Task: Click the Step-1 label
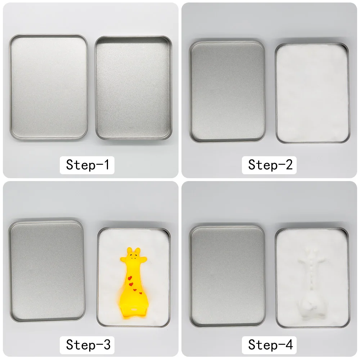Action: point(87,165)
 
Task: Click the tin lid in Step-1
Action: point(49,87)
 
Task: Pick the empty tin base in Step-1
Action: point(134,88)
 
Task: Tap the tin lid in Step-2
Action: point(227,91)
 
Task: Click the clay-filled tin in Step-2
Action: point(312,93)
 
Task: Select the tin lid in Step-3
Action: point(46,271)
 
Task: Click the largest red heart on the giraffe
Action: point(130,278)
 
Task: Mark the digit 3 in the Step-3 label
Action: point(107,345)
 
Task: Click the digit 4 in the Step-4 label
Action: point(289,345)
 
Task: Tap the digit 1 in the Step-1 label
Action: point(107,165)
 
